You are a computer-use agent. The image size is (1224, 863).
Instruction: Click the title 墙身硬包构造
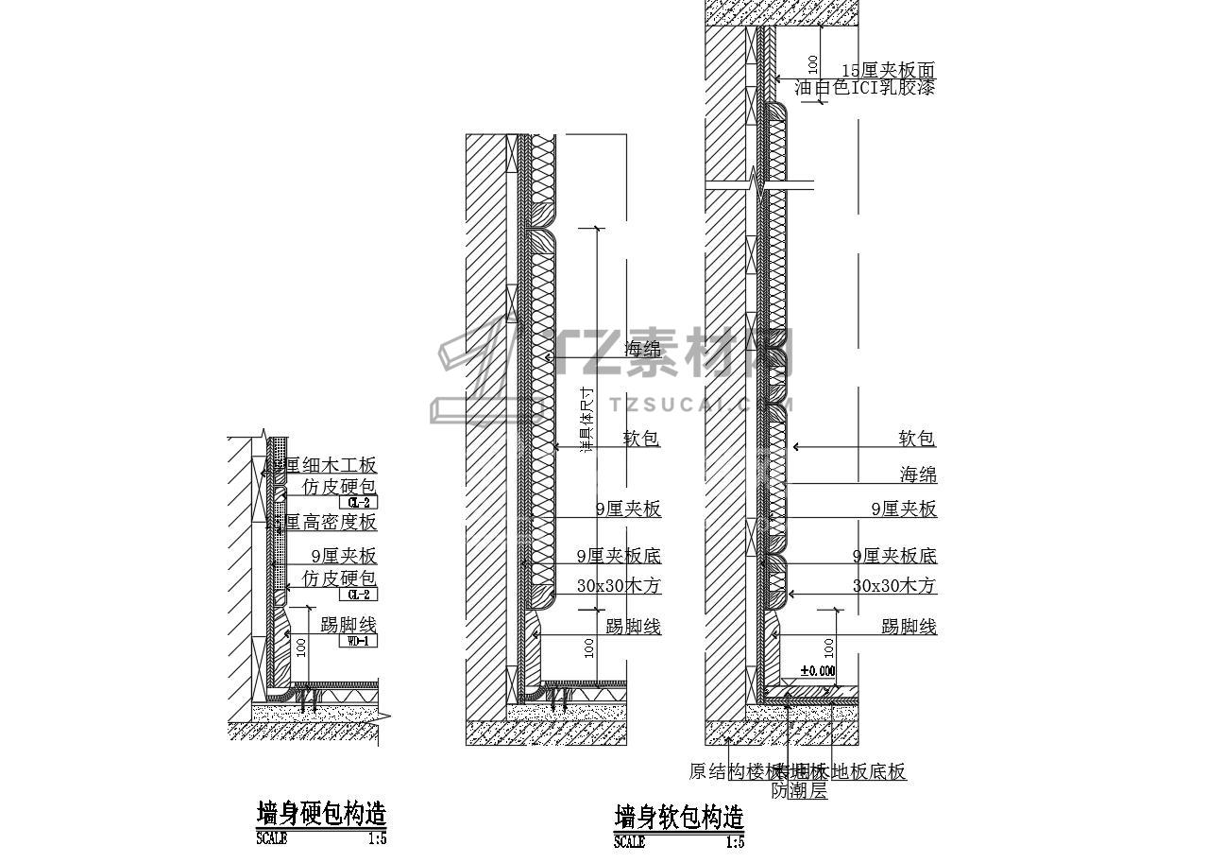pyautogui.click(x=321, y=813)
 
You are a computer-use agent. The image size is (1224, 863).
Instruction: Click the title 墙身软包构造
pyautogui.click(x=679, y=816)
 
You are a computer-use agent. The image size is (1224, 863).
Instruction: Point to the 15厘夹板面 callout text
pyautogui.click(x=888, y=70)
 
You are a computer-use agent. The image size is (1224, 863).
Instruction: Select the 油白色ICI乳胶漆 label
pyautogui.click(x=864, y=88)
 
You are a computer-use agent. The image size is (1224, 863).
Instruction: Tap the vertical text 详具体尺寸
pyautogui.click(x=586, y=420)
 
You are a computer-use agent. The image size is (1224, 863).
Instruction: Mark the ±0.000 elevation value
pyautogui.click(x=818, y=671)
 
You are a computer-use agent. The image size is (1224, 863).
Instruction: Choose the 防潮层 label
pyautogui.click(x=799, y=791)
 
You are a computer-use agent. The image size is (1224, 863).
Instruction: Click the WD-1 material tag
pyautogui.click(x=358, y=641)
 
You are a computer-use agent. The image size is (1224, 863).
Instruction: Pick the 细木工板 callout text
pyautogui.click(x=326, y=465)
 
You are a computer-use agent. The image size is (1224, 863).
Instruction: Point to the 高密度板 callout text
pyautogui.click(x=326, y=522)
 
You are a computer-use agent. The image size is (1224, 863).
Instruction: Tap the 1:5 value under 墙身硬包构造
pyautogui.click(x=377, y=837)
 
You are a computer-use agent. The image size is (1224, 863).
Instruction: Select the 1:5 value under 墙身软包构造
pyautogui.click(x=735, y=841)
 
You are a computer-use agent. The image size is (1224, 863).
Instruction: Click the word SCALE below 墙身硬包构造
pyautogui.click(x=271, y=837)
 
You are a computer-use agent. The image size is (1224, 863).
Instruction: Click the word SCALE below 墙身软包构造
pyautogui.click(x=629, y=841)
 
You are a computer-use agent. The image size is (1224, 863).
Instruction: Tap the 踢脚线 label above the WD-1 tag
pyautogui.click(x=348, y=625)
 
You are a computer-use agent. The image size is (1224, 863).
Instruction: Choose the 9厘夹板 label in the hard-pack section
pyautogui.click(x=344, y=557)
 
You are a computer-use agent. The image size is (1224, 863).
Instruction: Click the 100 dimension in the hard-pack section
pyautogui.click(x=301, y=647)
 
